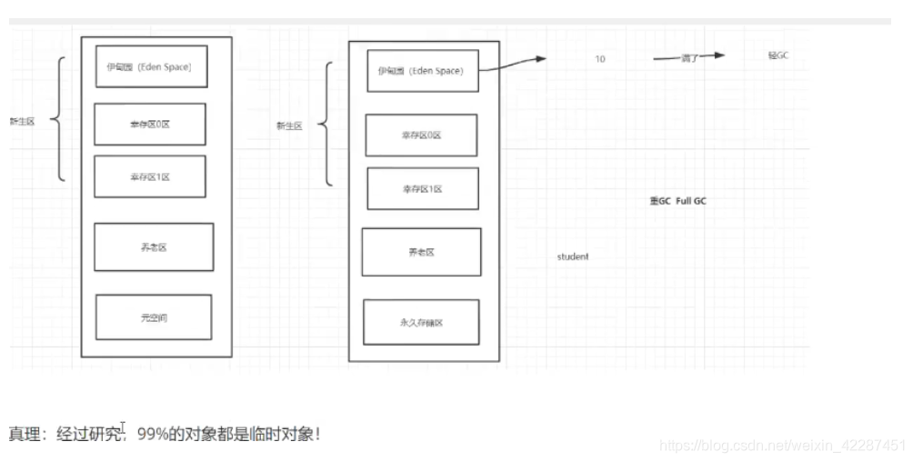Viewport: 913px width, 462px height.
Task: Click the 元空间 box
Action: pos(153,316)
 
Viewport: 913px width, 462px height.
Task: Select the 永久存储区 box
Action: pos(421,322)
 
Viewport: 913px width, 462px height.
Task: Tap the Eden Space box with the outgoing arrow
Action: pos(421,71)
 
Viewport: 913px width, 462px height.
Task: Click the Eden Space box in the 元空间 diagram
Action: pos(150,66)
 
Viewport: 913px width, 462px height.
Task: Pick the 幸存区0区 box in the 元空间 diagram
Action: pos(150,125)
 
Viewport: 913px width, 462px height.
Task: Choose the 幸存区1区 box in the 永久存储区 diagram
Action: pos(422,189)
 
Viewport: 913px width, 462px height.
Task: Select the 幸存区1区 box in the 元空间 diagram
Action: pos(150,176)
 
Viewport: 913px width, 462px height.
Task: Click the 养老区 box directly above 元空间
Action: pos(154,246)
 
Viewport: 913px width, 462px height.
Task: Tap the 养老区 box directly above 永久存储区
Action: pos(421,252)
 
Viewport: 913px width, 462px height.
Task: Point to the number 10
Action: pos(600,59)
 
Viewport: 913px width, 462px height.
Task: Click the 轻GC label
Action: pos(778,55)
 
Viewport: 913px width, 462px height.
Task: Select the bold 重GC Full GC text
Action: pos(677,201)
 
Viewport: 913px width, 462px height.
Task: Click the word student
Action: pos(573,256)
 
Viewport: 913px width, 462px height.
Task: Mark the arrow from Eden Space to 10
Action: pos(514,62)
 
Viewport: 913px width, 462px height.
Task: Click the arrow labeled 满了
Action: pos(688,56)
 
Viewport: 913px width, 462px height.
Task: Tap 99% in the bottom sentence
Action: pos(153,434)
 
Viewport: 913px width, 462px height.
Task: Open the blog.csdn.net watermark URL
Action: pos(782,445)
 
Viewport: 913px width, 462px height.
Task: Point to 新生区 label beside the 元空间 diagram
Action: pos(22,121)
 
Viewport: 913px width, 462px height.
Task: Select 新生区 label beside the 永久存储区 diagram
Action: pos(289,126)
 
